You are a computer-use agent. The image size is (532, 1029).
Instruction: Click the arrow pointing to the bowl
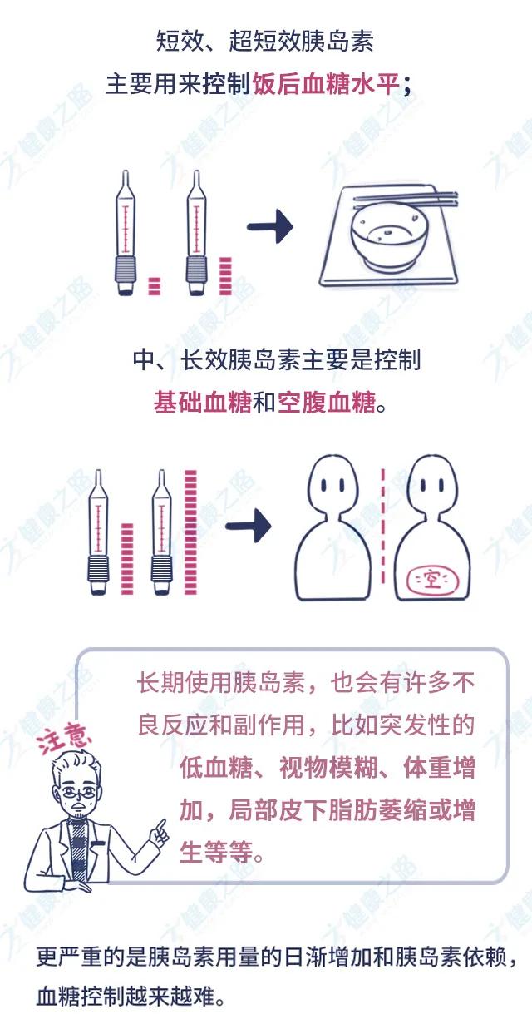pyautogui.click(x=270, y=227)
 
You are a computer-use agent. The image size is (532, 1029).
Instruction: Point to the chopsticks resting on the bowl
pyautogui.click(x=405, y=200)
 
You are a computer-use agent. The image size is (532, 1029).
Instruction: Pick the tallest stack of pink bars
pyautogui.click(x=191, y=532)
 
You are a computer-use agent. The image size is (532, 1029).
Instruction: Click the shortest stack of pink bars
pyautogui.click(x=153, y=285)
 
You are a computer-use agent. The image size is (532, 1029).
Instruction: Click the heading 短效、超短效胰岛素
pyautogui.click(x=265, y=39)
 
